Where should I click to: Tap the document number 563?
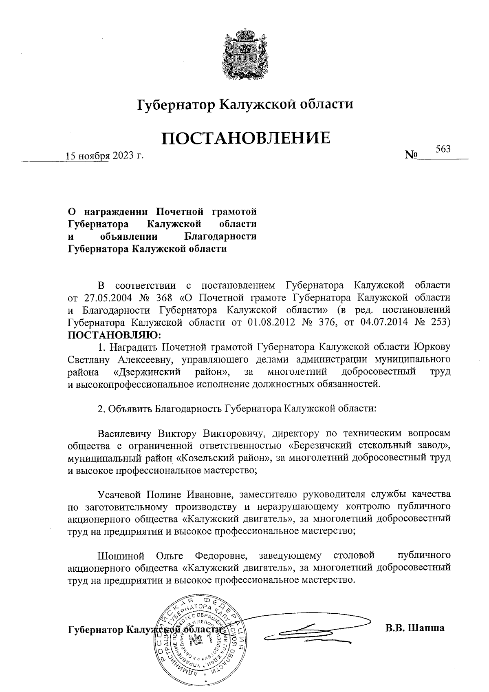click(x=443, y=149)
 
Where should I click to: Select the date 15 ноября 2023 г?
click(x=106, y=156)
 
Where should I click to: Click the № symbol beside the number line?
click(x=412, y=155)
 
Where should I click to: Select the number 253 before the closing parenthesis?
click(x=438, y=322)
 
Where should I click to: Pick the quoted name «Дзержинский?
click(x=147, y=372)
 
